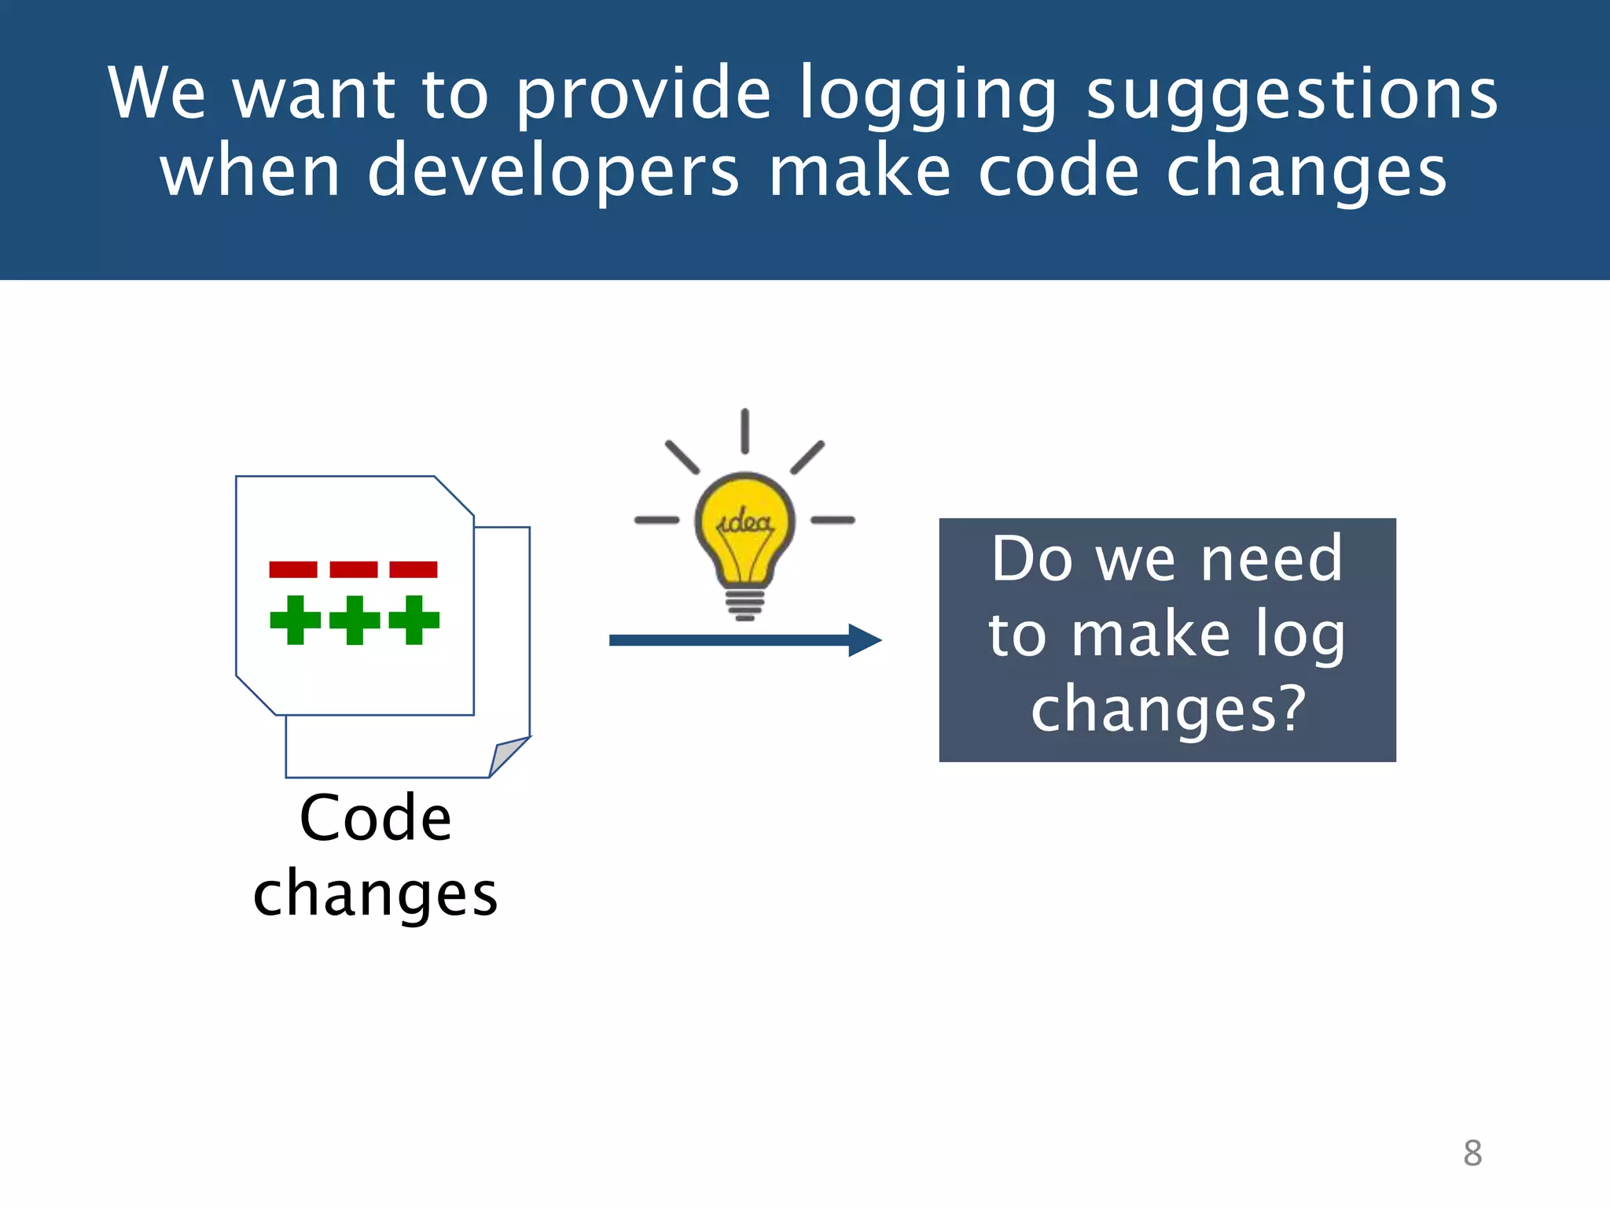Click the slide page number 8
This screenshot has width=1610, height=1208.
coord(1472,1153)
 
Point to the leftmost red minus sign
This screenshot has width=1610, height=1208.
coord(293,569)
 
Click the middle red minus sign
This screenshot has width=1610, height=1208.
coord(354,569)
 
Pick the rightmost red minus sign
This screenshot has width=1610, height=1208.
coord(414,569)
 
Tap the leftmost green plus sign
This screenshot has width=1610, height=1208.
coord(295,620)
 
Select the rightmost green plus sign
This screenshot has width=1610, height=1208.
coord(414,620)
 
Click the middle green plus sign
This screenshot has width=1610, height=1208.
coord(355,620)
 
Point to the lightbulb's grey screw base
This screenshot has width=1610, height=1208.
coord(744,604)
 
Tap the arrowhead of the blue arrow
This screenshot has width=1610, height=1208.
coord(865,640)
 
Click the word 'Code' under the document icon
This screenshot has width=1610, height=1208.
coord(376,819)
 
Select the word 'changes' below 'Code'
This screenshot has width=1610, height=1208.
coord(376,894)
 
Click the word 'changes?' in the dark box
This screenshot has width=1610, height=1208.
coord(1168,709)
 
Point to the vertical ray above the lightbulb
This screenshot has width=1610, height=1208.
coord(744,431)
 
